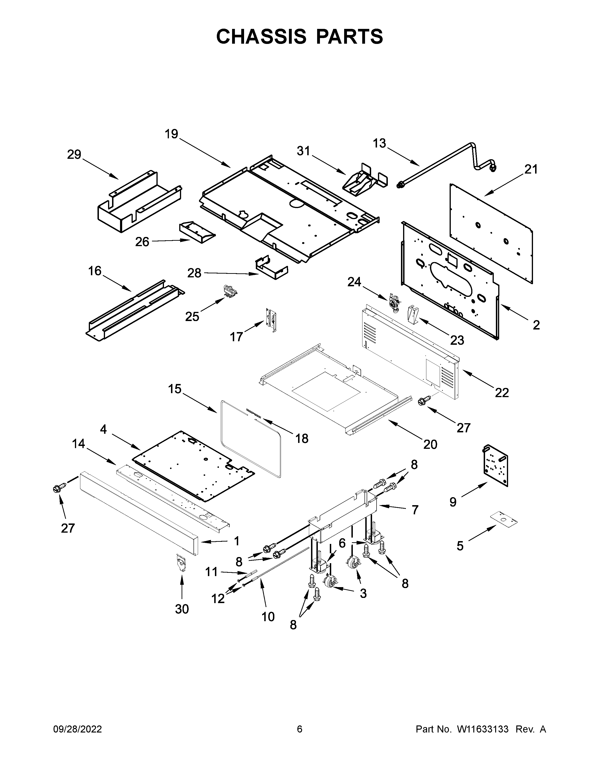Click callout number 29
point(74,155)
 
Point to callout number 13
point(379,143)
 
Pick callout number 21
point(531,169)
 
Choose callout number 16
point(95,271)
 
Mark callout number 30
point(182,609)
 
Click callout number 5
point(460,546)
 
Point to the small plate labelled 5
point(504,519)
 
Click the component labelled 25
point(229,291)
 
